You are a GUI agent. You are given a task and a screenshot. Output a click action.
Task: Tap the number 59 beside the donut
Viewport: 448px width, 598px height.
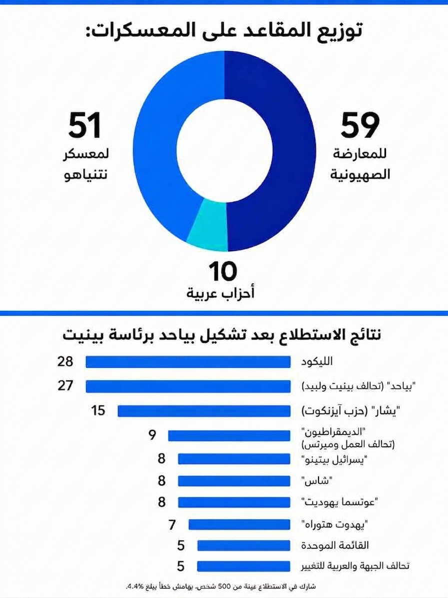360,125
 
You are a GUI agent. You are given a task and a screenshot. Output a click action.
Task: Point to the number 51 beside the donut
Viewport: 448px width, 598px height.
85,125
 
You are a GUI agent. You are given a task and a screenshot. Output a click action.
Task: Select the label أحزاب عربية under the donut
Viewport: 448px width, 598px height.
220,293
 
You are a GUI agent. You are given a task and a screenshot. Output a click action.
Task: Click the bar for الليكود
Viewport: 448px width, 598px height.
188,362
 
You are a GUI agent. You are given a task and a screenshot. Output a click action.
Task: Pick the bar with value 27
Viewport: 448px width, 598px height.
188,386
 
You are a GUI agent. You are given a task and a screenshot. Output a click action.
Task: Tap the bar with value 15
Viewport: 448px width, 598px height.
204,411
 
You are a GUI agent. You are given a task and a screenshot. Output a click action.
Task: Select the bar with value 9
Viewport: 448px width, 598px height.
229,435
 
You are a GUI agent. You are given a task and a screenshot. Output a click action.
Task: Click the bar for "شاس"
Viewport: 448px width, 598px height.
234,481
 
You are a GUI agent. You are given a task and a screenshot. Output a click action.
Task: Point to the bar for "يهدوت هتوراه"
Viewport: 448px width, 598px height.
239,524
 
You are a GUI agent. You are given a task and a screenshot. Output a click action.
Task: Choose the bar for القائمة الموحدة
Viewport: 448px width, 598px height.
243,545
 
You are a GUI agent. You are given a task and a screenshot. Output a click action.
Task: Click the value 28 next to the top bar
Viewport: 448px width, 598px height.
65,361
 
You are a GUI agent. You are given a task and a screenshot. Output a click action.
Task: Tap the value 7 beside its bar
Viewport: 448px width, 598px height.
172,524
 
